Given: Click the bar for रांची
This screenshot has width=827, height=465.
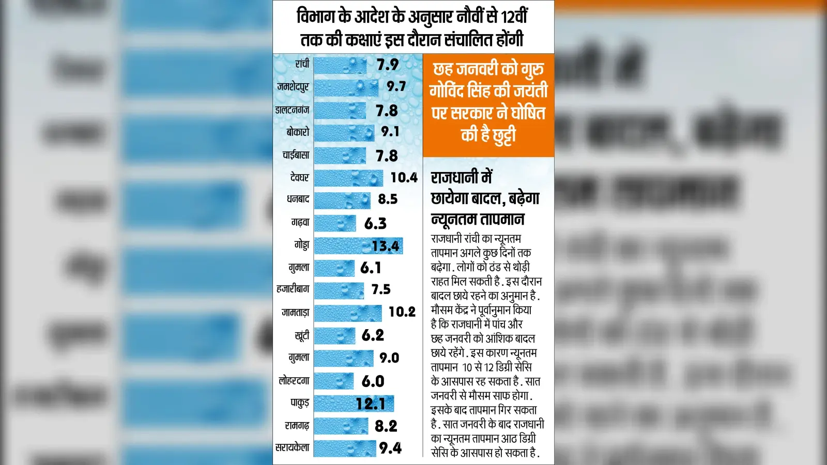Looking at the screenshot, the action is coord(340,66).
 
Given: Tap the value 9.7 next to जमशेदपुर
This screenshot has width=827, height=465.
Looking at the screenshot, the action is coord(396,86).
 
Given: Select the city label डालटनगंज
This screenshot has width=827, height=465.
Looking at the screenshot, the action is coord(293,111).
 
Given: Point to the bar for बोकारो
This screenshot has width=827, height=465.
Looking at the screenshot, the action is coord(344,133).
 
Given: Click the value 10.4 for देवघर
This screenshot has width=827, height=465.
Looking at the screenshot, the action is coord(404,178).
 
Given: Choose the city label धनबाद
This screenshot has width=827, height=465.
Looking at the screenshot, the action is coord(298,199).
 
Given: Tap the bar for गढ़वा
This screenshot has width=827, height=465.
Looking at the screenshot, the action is coord(335,223).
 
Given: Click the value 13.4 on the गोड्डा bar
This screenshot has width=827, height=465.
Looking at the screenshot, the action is coord(386,246).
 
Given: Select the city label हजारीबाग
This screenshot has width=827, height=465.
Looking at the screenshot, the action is coord(293,289).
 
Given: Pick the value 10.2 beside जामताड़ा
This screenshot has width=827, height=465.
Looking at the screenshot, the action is coord(402,312).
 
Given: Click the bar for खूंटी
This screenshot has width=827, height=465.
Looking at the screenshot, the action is coord(334,336).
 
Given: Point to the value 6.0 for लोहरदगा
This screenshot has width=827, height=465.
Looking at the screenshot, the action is coord(373,381).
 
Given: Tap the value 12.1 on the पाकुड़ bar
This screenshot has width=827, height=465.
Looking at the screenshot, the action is coord(371,404).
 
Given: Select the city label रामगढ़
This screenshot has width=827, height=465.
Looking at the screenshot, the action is coord(297,426).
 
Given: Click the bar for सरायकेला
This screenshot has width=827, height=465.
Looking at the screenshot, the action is coord(345,449).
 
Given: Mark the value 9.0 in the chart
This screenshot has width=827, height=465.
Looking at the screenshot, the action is coord(390,358).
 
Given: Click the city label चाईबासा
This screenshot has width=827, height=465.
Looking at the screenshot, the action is coord(296,155).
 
